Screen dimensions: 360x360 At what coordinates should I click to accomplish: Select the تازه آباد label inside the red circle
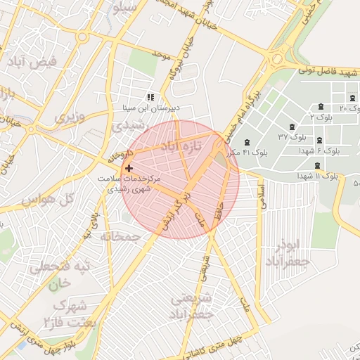tap(181, 146)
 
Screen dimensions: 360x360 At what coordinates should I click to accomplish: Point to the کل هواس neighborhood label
tap(48, 200)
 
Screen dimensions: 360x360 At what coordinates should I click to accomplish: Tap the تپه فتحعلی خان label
tap(63, 276)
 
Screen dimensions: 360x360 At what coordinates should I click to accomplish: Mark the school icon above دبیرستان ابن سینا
tap(150, 97)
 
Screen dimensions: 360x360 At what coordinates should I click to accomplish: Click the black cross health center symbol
tap(129, 169)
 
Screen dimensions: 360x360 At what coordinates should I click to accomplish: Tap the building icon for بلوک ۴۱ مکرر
tap(247, 143)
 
